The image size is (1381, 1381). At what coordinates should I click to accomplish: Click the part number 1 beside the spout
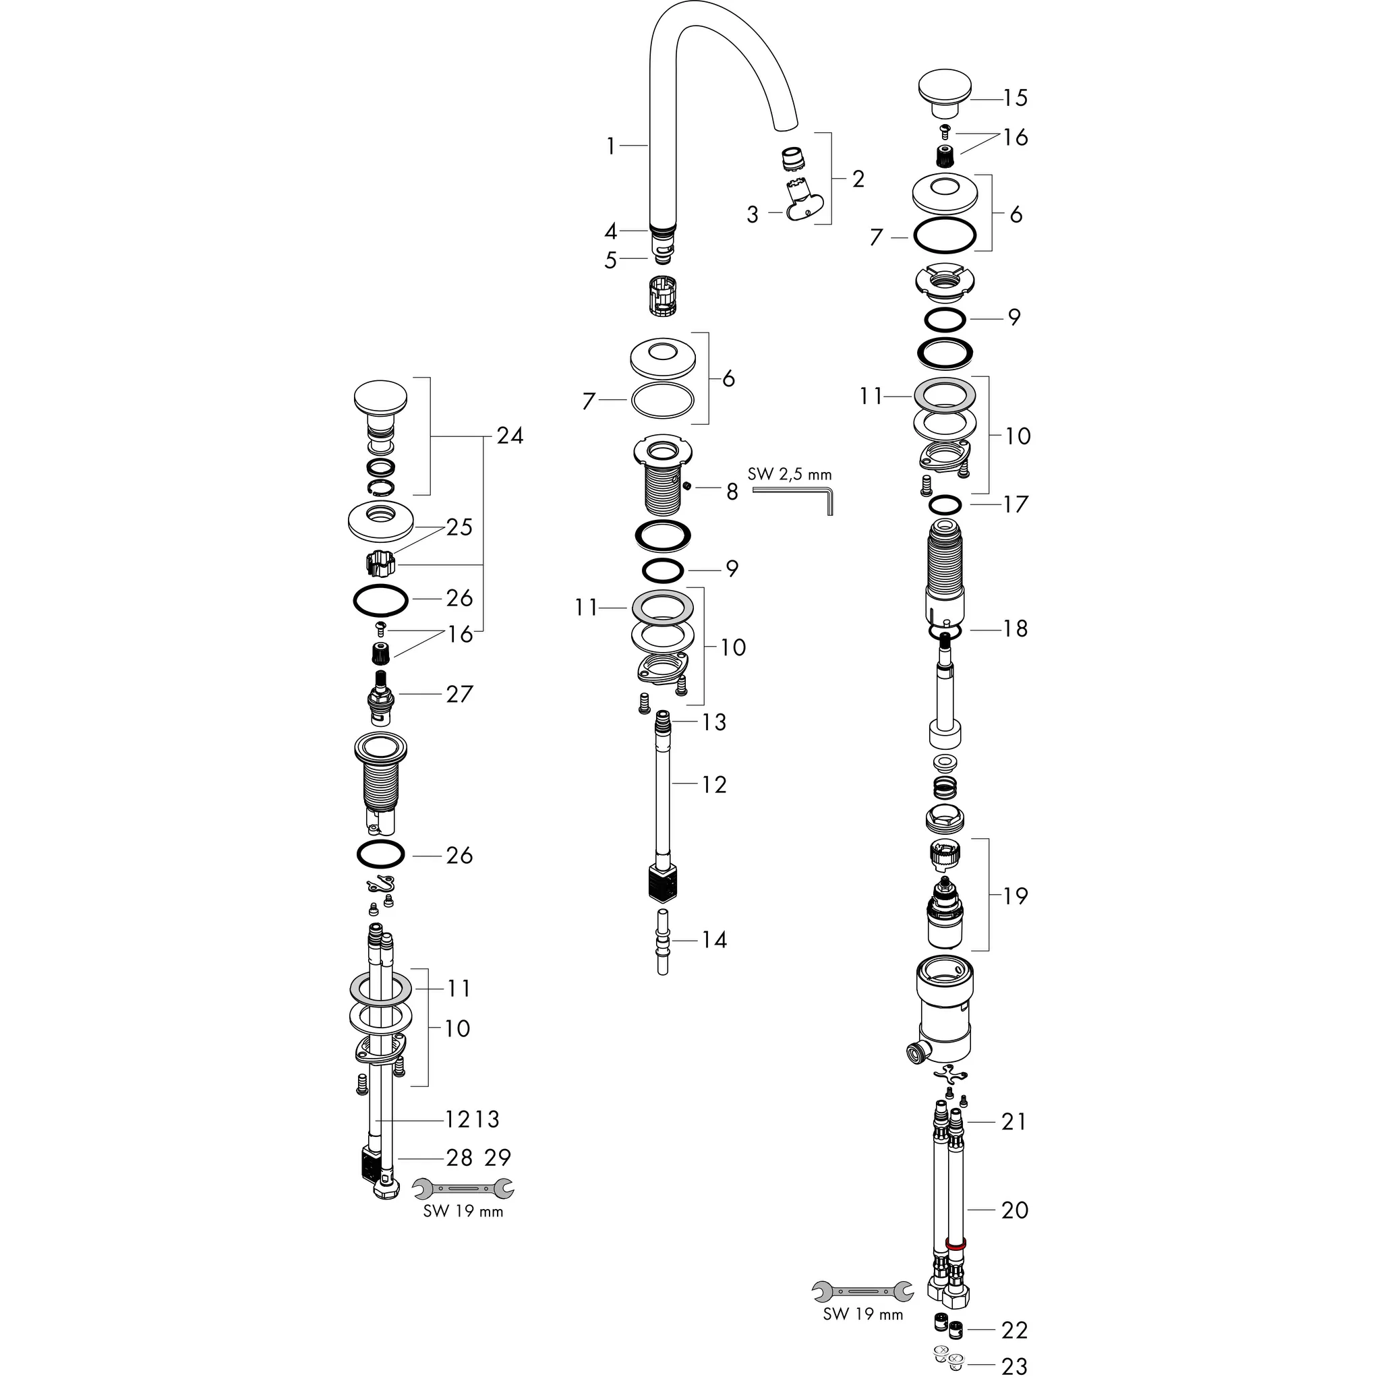(610, 146)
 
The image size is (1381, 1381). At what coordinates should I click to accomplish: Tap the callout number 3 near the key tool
(752, 214)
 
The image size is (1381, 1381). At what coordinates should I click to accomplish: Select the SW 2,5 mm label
(789, 474)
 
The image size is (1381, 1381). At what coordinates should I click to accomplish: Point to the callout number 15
(1015, 98)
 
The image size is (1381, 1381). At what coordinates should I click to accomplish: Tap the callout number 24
(510, 436)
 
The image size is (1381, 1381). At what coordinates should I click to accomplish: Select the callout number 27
(459, 693)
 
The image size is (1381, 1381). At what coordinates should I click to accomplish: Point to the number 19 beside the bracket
(1015, 895)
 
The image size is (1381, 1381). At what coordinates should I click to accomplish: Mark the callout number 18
(1015, 628)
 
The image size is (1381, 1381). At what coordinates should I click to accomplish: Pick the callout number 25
(459, 527)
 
